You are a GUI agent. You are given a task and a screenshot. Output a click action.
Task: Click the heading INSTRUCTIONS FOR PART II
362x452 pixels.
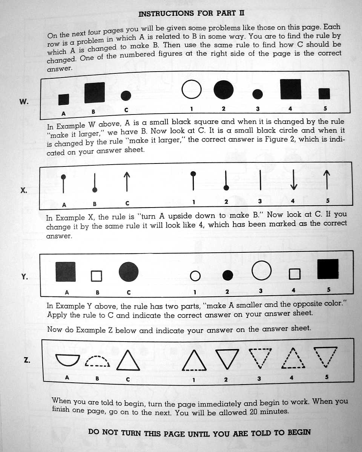[191, 14]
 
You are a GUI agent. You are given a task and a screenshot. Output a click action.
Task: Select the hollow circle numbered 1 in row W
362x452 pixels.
[192, 90]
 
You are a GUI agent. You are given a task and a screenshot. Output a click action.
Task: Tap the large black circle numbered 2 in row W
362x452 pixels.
[224, 90]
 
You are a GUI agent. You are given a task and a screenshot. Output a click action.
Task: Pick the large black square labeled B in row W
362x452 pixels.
[94, 93]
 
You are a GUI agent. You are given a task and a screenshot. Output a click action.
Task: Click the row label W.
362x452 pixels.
[24, 101]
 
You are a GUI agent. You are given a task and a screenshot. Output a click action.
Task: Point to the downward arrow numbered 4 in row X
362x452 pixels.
[294, 180]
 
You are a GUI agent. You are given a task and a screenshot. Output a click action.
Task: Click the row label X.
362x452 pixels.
[24, 190]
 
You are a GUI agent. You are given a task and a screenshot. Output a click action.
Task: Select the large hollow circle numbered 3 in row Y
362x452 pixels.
[261, 271]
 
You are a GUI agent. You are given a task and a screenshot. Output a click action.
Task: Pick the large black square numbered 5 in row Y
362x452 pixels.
[328, 269]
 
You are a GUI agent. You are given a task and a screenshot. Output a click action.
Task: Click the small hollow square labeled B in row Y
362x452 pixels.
[97, 276]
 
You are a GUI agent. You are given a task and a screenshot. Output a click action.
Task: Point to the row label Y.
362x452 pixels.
[24, 277]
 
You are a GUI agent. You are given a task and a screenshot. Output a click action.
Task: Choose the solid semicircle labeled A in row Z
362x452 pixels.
[67, 360]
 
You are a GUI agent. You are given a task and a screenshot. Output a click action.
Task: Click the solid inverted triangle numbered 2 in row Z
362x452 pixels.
[227, 359]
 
